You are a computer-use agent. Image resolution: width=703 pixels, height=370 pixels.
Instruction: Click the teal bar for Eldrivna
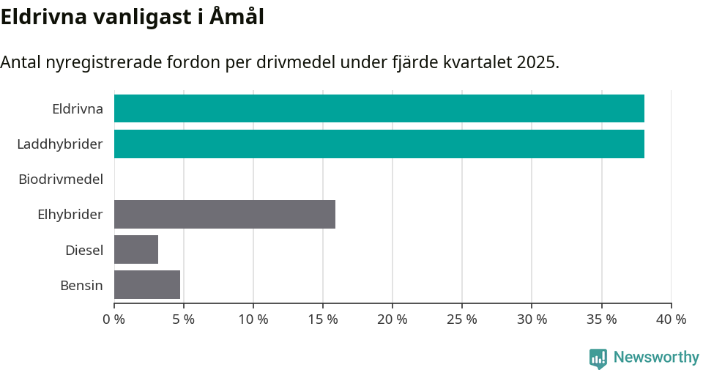point(379,108)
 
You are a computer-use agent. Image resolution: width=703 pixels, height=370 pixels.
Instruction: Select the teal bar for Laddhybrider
point(379,144)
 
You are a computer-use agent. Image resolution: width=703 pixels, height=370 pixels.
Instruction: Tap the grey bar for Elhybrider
point(225,214)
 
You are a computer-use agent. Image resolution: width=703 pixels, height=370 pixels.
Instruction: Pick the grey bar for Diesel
point(136,249)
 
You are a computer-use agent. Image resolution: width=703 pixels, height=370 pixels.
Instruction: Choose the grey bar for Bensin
point(147,284)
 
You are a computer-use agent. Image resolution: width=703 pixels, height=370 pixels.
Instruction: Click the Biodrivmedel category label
point(61,179)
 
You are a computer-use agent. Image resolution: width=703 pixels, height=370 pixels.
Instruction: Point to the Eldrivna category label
point(78,108)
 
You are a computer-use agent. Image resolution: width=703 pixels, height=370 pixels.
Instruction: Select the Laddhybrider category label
point(60,144)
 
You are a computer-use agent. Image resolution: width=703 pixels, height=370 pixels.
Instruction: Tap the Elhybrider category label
point(70,214)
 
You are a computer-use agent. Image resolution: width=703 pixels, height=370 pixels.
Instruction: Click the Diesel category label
point(84,249)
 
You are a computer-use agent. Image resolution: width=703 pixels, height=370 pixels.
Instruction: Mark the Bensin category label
point(81,284)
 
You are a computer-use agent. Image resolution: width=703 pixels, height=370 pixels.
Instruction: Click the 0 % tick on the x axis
point(114,319)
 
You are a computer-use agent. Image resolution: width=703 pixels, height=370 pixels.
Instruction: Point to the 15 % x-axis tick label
point(323,319)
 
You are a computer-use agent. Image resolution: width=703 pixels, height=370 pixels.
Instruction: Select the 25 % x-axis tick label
point(462,319)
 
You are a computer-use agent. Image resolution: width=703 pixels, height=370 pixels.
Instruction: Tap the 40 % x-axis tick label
point(671,319)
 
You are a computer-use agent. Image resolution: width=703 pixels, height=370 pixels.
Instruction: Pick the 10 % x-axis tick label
point(253,319)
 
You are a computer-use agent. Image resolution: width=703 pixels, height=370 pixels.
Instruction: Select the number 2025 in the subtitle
point(537,62)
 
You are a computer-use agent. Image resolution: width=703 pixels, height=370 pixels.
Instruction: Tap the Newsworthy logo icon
point(598,358)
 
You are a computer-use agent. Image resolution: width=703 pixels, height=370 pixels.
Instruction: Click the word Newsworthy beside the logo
point(656,358)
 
